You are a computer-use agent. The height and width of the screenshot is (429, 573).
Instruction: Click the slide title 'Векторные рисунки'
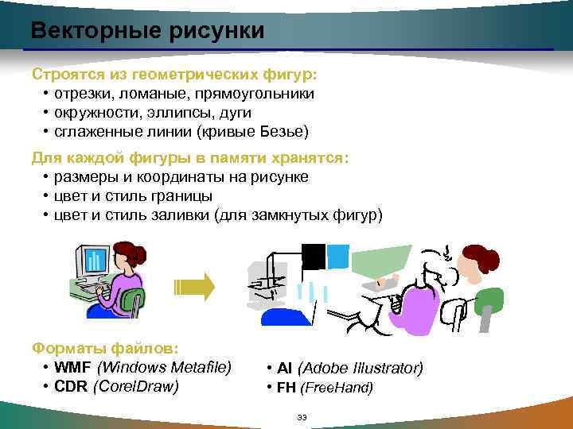point(147,31)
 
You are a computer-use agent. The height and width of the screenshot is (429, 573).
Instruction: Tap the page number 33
point(301,418)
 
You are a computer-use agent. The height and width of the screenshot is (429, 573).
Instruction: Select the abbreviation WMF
point(72,367)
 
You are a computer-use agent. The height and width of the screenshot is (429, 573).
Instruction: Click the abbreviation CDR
point(71,386)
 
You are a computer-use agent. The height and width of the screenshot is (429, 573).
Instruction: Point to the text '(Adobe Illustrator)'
point(360,368)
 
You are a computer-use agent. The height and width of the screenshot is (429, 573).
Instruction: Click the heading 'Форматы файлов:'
point(105,348)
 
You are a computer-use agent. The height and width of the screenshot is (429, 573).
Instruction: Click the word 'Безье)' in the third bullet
point(285,131)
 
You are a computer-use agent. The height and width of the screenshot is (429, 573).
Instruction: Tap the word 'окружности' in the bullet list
point(92,112)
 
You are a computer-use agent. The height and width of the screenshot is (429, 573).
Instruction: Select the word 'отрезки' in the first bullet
point(80,93)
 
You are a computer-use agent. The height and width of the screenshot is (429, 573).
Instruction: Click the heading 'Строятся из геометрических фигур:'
point(173,75)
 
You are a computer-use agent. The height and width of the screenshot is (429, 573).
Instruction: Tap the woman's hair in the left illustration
point(131,253)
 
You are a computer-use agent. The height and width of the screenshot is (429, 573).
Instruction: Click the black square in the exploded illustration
point(313,256)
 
